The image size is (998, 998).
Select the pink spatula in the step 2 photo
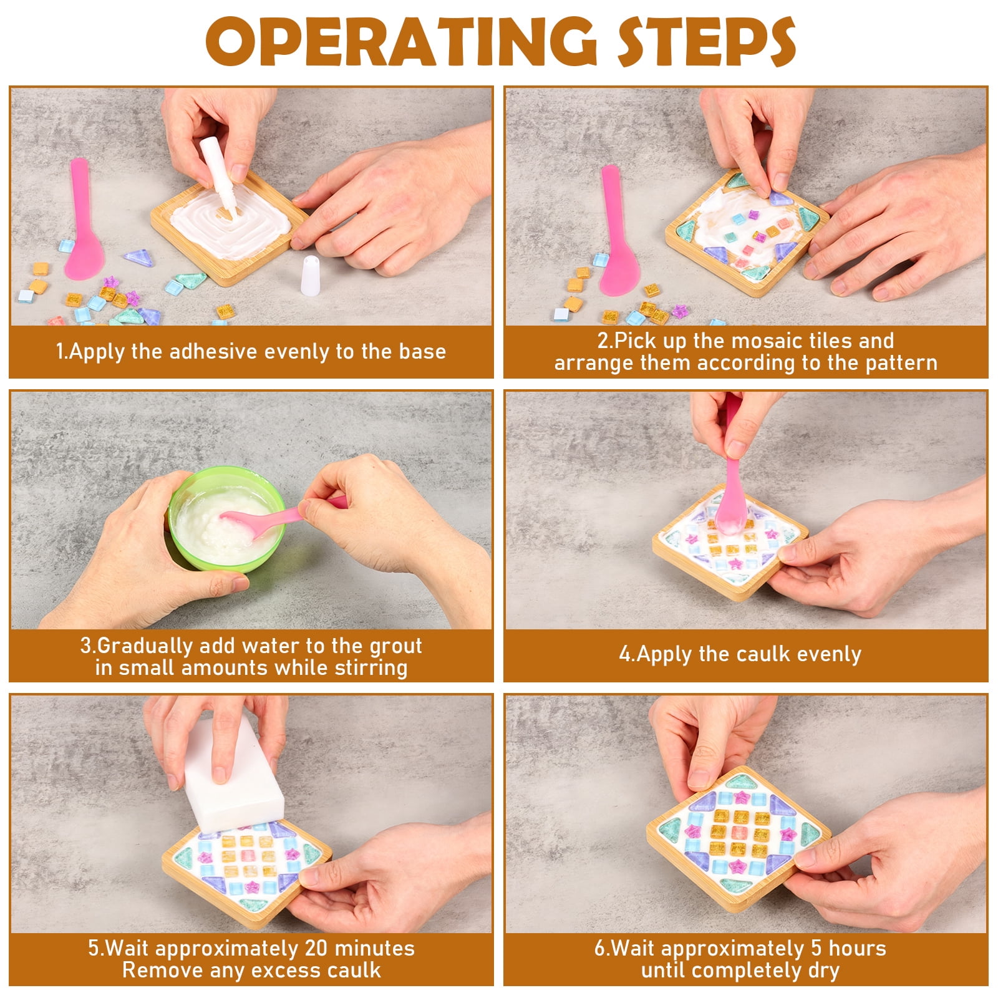pyautogui.click(x=616, y=231)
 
